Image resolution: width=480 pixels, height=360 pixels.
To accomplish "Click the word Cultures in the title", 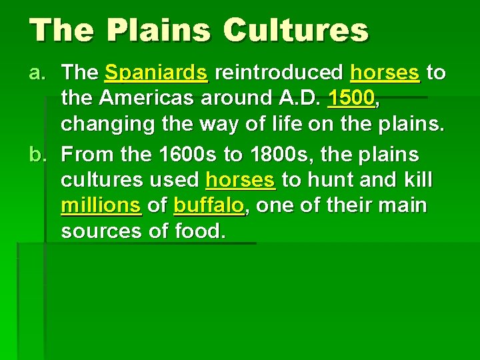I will tap(296, 31).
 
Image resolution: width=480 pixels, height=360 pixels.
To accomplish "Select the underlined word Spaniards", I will tap(157, 72).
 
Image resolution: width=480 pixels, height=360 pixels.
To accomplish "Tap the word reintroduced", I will tap(279, 72).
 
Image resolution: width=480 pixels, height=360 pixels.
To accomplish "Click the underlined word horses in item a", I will tap(385, 72).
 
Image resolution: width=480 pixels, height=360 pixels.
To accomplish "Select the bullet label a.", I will tap(39, 72).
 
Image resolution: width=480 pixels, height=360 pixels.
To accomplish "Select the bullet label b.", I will tap(39, 155).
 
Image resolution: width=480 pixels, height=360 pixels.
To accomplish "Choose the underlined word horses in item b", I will tap(240, 180).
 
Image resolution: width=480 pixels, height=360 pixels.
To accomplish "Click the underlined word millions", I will tap(101, 205).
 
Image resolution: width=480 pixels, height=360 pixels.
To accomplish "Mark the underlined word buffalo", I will tap(209, 205).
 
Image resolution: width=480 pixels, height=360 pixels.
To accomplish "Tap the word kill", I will tap(415, 180).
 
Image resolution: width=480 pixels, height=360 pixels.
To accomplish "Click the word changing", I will tap(106, 124).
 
